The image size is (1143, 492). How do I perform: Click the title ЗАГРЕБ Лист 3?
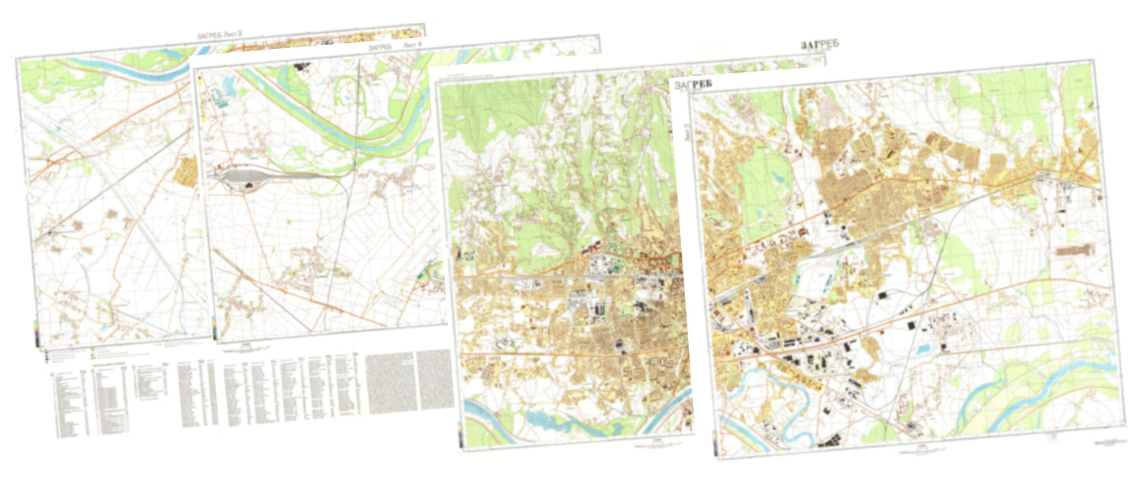pyautogui.click(x=219, y=35)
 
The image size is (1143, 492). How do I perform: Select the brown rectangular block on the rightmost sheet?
pyautogui.click(x=1076, y=250)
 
